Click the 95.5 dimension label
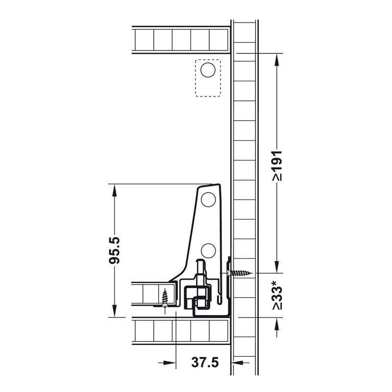click(x=115, y=250)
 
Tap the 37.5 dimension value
click(x=205, y=362)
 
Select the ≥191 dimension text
click(x=277, y=166)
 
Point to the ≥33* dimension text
click(x=277, y=295)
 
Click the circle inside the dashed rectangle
click(x=208, y=70)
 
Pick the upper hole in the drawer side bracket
click(x=208, y=199)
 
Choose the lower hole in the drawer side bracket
click(x=208, y=250)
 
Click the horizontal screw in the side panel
click(x=240, y=273)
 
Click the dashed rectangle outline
click(x=195, y=78)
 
